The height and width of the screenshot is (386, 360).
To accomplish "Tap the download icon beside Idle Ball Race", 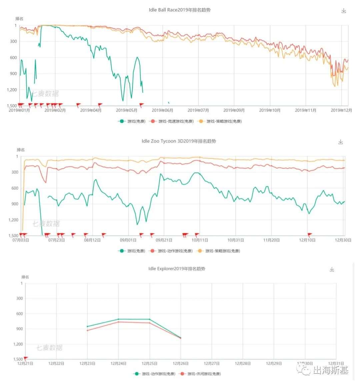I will coord(344,11).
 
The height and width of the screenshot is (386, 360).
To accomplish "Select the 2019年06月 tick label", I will coord(162,110).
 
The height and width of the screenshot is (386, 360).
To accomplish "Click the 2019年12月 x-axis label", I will coord(341,110).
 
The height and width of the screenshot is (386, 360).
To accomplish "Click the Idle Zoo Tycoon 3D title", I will coord(179,141).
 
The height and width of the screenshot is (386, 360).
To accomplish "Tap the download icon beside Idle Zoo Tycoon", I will coord(340,142).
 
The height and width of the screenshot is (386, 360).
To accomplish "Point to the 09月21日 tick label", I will coord(164,240).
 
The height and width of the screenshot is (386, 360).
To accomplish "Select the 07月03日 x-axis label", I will coord(21,240).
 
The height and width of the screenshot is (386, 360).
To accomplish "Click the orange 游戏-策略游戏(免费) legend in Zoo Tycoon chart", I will coord(219,251).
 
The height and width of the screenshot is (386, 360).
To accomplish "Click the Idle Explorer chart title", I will coord(177,268).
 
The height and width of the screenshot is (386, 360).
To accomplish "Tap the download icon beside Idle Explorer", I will coord(332,269).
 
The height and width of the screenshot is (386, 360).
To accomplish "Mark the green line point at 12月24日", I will coord(118,319).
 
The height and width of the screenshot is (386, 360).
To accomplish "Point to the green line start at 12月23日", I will coord(87,326).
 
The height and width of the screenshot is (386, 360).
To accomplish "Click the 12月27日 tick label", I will coord(211,364).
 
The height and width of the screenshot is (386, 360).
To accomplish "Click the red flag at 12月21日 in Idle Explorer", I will coord(26,358).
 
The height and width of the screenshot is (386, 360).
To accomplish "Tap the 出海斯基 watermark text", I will coord(330,370).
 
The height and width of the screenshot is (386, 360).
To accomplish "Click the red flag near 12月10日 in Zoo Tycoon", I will coord(310,234).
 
